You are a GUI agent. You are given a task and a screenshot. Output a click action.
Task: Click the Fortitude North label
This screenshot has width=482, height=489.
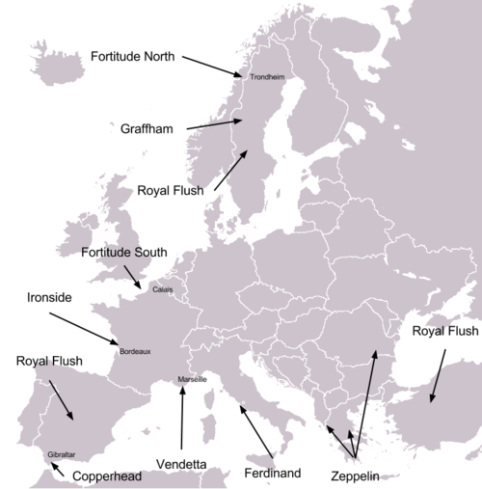pyautogui.click(x=132, y=56)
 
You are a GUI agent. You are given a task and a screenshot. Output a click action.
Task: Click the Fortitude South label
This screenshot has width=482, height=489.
pyautogui.click(x=123, y=253)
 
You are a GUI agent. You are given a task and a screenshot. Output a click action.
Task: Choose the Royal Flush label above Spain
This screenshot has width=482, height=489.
pyautogui.click(x=49, y=362)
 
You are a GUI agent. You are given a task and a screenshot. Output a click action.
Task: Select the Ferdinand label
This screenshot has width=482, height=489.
pyautogui.click(x=273, y=473)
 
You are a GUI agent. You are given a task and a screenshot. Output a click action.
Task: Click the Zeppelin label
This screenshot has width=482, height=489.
pyautogui.click(x=356, y=476)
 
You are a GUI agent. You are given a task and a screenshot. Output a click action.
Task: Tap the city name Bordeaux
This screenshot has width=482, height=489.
pyautogui.click(x=134, y=352)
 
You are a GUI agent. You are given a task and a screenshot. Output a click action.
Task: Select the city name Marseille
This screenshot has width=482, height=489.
pyautogui.click(x=192, y=380)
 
